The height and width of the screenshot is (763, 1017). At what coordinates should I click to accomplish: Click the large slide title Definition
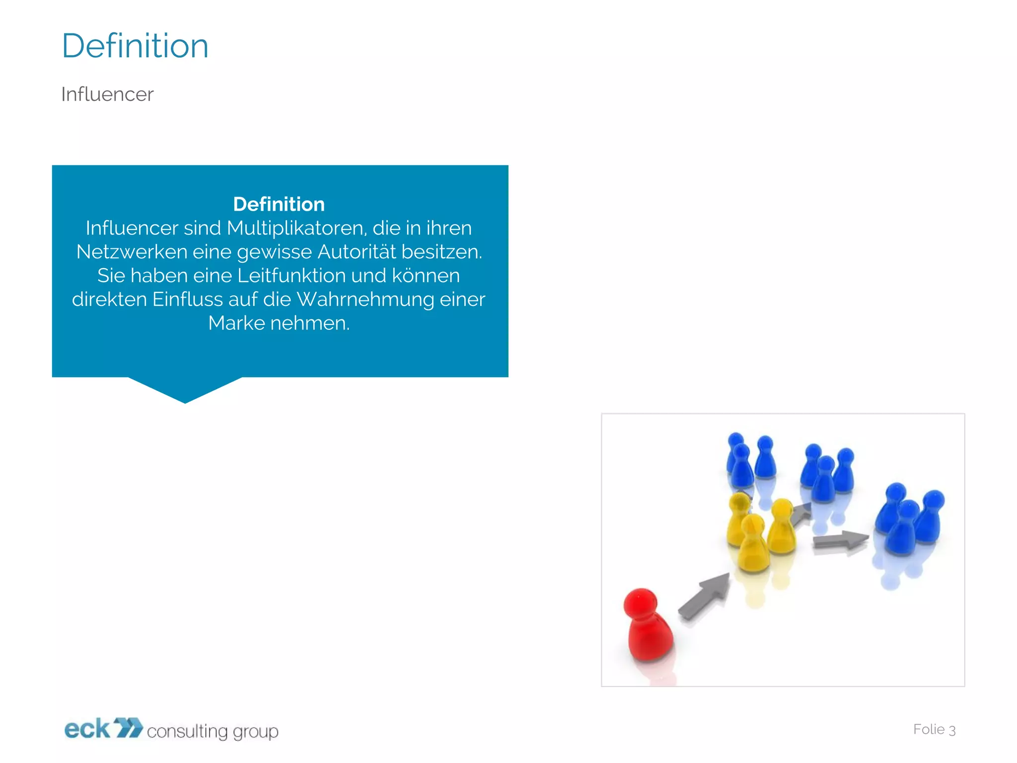pos(135,46)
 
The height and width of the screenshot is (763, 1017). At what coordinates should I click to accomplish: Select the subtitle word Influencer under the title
pos(107,94)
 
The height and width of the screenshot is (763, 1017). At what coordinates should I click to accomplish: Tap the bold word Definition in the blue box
pos(279,204)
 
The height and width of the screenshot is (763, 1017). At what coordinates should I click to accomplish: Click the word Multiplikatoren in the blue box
pos(296,228)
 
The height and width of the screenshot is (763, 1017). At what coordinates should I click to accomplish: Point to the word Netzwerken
pos(132,252)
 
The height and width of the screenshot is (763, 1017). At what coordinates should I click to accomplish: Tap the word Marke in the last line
pos(236,323)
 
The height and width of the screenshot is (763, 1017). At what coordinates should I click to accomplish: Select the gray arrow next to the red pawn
pos(704,596)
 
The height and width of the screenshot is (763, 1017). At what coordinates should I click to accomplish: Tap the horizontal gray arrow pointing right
pos(840,540)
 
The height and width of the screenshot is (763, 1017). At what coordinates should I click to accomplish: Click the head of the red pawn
pos(641,601)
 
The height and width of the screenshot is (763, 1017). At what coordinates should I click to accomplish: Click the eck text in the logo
pos(87,729)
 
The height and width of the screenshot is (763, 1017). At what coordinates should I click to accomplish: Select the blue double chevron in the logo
pos(128,728)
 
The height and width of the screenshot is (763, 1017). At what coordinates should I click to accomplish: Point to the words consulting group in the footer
pos(213,731)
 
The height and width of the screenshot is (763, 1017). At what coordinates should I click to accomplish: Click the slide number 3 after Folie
pos(952,730)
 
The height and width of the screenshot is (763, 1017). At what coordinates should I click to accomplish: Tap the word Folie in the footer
pos(929,729)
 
